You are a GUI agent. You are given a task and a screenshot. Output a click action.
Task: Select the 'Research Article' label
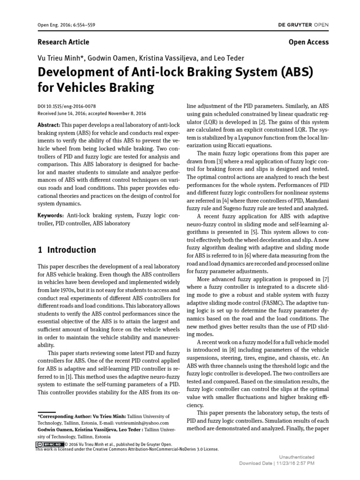pyautogui.click(x=63, y=42)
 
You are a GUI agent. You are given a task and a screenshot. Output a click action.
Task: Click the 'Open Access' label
pyautogui.click(x=308, y=42)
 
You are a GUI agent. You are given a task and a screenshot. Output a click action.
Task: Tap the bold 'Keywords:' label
pyautogui.click(x=50, y=215)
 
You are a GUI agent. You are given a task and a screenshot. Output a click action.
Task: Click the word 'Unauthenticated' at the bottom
pyautogui.click(x=297, y=457)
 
